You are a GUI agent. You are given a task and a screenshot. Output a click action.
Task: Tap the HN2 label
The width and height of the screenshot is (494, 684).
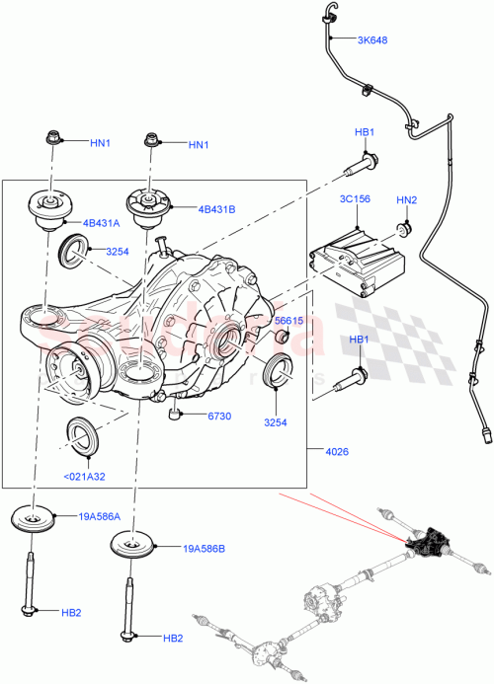[x=407, y=200]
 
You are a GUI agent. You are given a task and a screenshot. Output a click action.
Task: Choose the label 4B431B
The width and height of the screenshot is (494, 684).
[x=218, y=209]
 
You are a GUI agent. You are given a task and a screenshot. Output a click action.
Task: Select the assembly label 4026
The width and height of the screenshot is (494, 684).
[x=336, y=453]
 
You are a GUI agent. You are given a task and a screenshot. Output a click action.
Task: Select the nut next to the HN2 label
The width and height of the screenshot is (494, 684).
[x=403, y=231]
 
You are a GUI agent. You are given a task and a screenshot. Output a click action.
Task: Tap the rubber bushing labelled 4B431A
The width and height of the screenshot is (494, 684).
[x=46, y=208]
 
